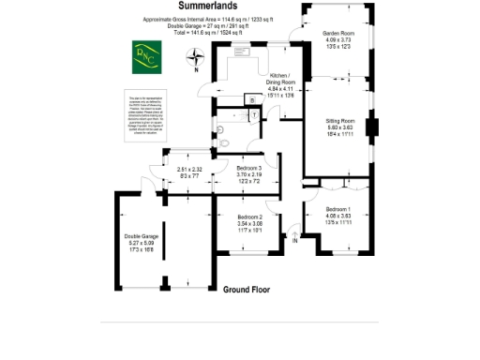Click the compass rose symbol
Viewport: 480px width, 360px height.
196,58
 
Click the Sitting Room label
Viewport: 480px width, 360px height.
339,121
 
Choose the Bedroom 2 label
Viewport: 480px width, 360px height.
253,216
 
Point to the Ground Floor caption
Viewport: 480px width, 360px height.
247,290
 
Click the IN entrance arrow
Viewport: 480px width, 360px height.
295,241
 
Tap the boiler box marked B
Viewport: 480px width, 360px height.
250,99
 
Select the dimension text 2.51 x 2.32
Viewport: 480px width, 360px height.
189,170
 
